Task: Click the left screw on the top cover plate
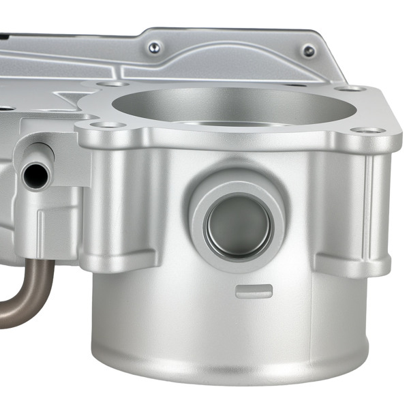(155, 47)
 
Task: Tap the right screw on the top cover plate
(309, 51)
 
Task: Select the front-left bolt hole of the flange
(112, 125)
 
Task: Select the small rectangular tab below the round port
(254, 291)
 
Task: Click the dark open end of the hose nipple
(33, 176)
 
